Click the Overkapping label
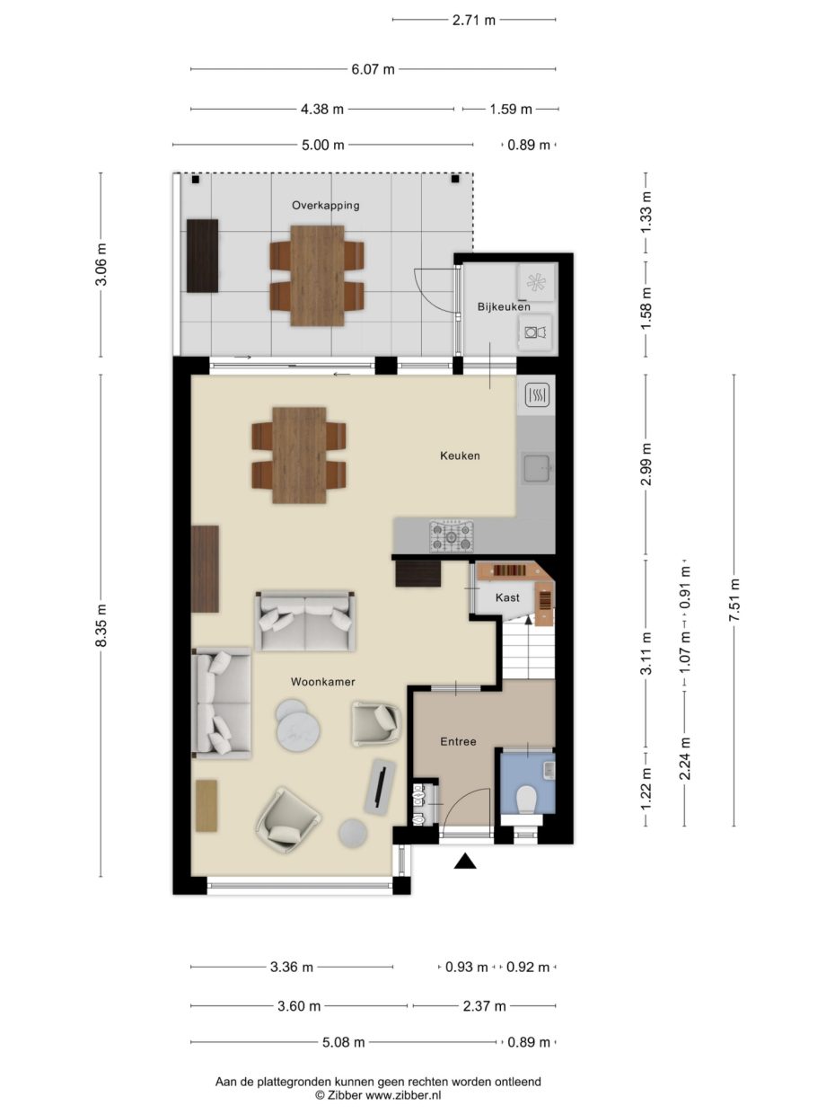(x=325, y=205)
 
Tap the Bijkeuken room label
(x=504, y=307)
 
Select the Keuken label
(x=460, y=455)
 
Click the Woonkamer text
(x=322, y=682)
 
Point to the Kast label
(x=507, y=597)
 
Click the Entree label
(x=458, y=742)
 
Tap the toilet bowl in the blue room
(x=527, y=798)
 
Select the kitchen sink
(x=538, y=467)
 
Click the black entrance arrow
(x=464, y=862)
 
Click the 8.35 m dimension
(x=101, y=624)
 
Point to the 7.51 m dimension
(x=734, y=599)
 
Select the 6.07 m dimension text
(x=372, y=68)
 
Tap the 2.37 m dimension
(x=484, y=1006)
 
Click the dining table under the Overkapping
(x=317, y=275)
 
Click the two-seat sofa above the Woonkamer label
(x=304, y=621)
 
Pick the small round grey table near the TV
(x=353, y=833)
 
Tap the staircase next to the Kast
(x=527, y=652)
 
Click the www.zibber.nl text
(x=402, y=1095)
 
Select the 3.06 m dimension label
(x=101, y=264)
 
